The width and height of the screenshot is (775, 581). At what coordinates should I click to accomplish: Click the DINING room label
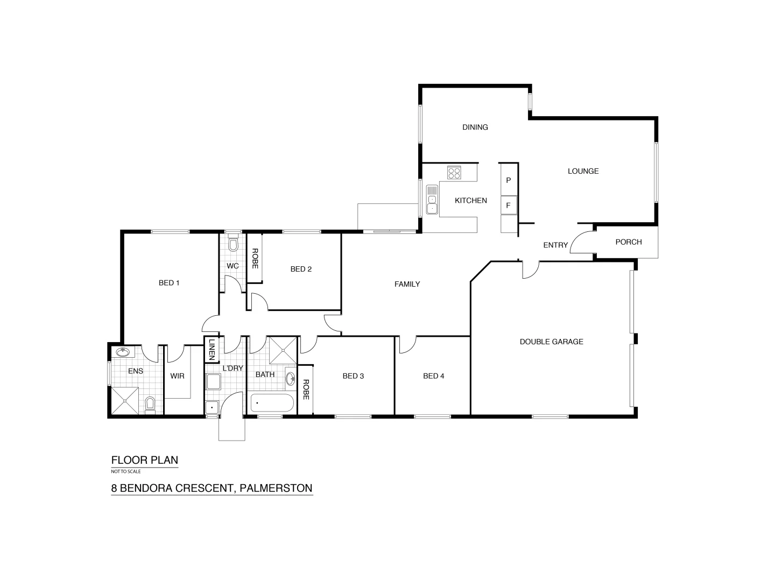(475, 127)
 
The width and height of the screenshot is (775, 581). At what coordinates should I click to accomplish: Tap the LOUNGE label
(583, 171)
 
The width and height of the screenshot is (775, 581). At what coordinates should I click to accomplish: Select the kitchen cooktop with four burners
(454, 173)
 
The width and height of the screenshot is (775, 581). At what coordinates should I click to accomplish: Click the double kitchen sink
(432, 199)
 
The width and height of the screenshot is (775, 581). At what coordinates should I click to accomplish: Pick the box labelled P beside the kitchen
(508, 180)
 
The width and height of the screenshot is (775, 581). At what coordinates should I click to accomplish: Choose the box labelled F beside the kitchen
(508, 205)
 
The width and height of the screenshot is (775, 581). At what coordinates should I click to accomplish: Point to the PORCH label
(628, 242)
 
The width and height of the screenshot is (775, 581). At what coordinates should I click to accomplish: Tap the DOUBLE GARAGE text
(551, 342)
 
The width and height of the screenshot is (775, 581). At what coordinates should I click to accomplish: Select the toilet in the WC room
(233, 245)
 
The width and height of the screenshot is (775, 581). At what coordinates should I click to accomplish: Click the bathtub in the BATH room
(272, 402)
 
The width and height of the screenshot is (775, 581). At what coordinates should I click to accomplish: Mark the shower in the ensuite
(126, 401)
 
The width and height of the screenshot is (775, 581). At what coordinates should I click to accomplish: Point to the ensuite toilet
(150, 403)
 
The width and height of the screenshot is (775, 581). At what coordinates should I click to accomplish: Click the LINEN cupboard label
(212, 349)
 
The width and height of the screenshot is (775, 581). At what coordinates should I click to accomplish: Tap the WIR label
(177, 376)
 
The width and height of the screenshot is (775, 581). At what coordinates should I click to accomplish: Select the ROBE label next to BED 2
(255, 258)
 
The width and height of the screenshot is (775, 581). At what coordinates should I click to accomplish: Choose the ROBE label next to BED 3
(306, 389)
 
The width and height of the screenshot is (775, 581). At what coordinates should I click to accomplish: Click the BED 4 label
(433, 376)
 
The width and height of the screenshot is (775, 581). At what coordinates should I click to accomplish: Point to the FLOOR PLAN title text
(144, 460)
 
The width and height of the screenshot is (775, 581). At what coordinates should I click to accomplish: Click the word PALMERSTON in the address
(276, 488)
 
